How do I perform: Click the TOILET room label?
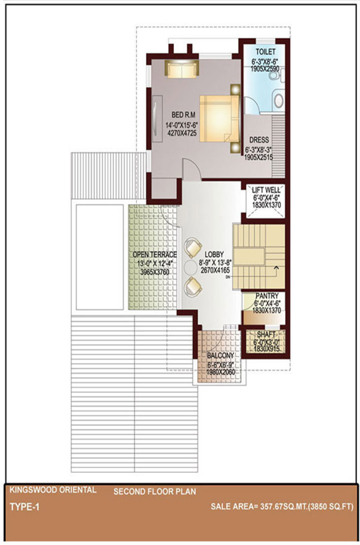(x=265, y=52)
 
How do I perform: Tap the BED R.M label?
(x=183, y=114)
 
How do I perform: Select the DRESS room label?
(x=259, y=140)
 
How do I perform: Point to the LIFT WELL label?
(x=266, y=190)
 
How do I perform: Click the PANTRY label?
(x=266, y=296)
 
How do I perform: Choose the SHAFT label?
(x=266, y=334)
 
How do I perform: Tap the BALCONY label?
(x=221, y=356)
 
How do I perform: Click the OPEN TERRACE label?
(x=155, y=254)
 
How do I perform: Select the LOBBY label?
(x=214, y=254)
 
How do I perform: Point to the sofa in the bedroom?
(x=182, y=69)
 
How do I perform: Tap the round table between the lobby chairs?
(x=190, y=267)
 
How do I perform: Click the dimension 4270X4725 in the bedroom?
(x=182, y=133)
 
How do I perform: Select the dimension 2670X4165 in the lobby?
(x=215, y=270)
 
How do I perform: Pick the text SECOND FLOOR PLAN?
(x=155, y=492)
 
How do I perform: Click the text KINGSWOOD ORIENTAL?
(x=53, y=490)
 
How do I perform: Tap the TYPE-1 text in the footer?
(x=24, y=507)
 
